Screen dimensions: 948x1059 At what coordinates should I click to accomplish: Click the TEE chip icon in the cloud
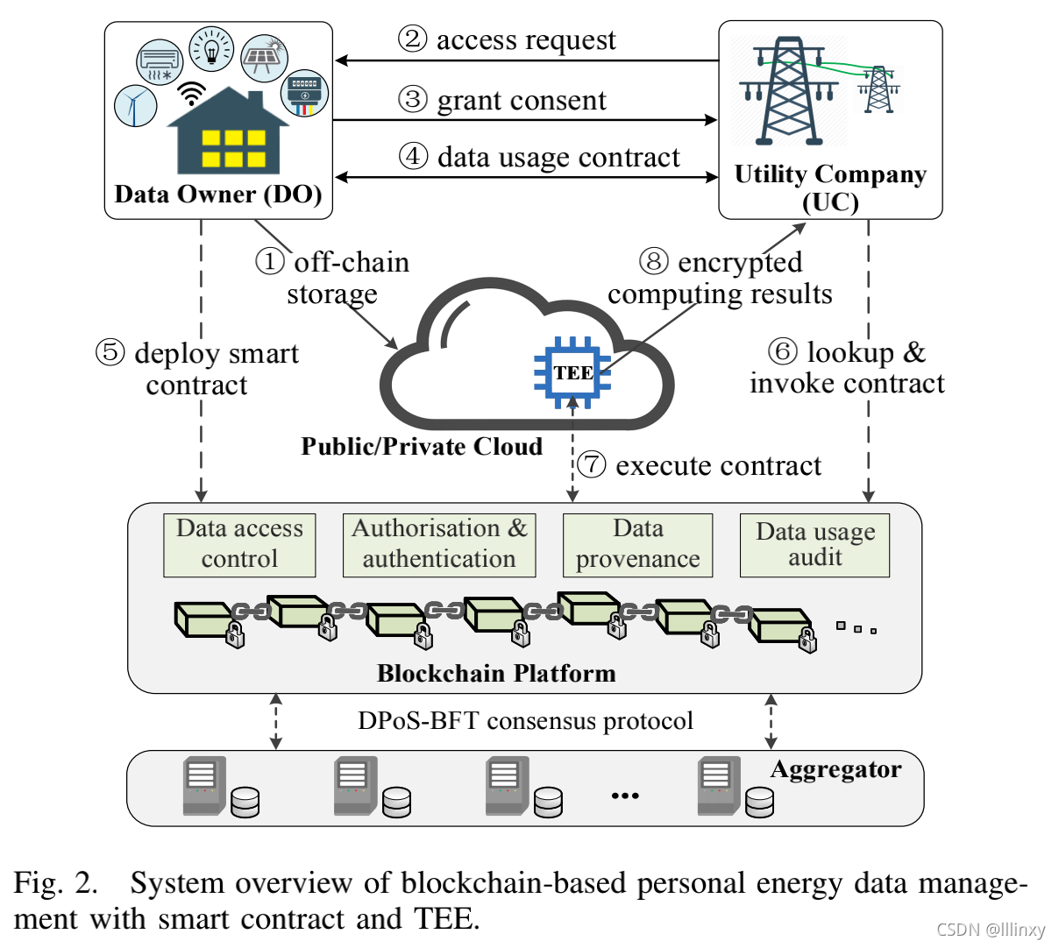572,372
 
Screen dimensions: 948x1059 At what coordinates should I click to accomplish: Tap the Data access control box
239,544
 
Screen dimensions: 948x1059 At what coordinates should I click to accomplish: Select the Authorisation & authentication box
439,544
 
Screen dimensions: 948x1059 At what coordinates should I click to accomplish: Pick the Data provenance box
637,544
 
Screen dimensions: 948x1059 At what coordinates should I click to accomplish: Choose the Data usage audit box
815,545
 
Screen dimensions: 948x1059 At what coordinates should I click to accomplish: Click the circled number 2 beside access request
413,39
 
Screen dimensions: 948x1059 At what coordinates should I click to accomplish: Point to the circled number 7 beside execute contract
592,464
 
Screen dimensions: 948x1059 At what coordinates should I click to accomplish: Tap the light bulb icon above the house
211,48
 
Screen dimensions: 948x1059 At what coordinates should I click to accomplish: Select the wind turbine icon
135,105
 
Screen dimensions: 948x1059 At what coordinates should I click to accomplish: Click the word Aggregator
835,769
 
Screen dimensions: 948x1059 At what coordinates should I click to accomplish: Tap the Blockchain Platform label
496,673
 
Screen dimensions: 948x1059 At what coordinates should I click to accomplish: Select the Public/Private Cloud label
422,447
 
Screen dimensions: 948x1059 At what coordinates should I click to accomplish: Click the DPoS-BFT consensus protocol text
525,721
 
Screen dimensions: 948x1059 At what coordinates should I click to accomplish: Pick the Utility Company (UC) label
830,187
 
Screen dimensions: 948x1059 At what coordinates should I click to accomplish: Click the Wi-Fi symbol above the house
191,92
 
